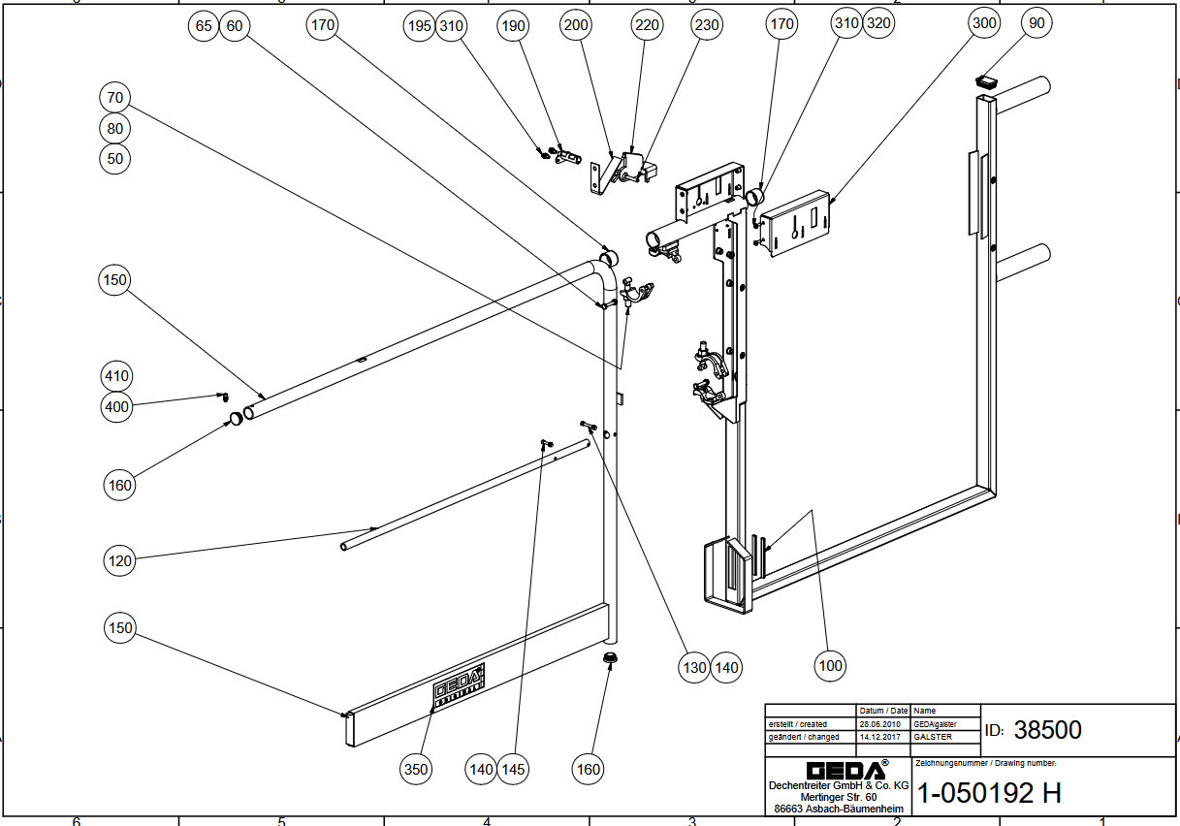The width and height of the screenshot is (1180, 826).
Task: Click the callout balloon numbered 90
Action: click(x=1036, y=23)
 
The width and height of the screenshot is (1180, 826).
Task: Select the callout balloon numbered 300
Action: click(x=983, y=23)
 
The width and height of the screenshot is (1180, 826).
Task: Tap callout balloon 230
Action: click(x=707, y=25)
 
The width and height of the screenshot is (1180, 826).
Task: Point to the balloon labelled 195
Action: click(x=419, y=26)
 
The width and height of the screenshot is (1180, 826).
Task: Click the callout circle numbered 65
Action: click(x=204, y=26)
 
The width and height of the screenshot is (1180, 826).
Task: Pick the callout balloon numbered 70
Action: click(x=116, y=97)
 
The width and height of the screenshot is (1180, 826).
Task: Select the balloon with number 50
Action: click(x=116, y=158)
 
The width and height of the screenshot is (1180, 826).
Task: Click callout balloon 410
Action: click(x=116, y=376)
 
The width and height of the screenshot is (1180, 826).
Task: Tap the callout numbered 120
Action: click(x=119, y=559)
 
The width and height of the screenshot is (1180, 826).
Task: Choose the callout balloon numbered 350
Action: click(x=415, y=769)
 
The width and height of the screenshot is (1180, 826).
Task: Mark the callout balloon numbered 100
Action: click(x=830, y=665)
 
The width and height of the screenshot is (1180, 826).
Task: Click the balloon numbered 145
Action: click(x=513, y=769)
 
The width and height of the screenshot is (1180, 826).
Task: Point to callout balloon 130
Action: click(x=695, y=667)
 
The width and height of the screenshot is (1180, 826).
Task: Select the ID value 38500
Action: click(x=1047, y=730)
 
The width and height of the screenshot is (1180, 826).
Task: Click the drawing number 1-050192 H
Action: click(x=989, y=793)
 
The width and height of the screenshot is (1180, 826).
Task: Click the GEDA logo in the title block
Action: click(x=839, y=770)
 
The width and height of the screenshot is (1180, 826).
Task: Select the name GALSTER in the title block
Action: click(x=934, y=737)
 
